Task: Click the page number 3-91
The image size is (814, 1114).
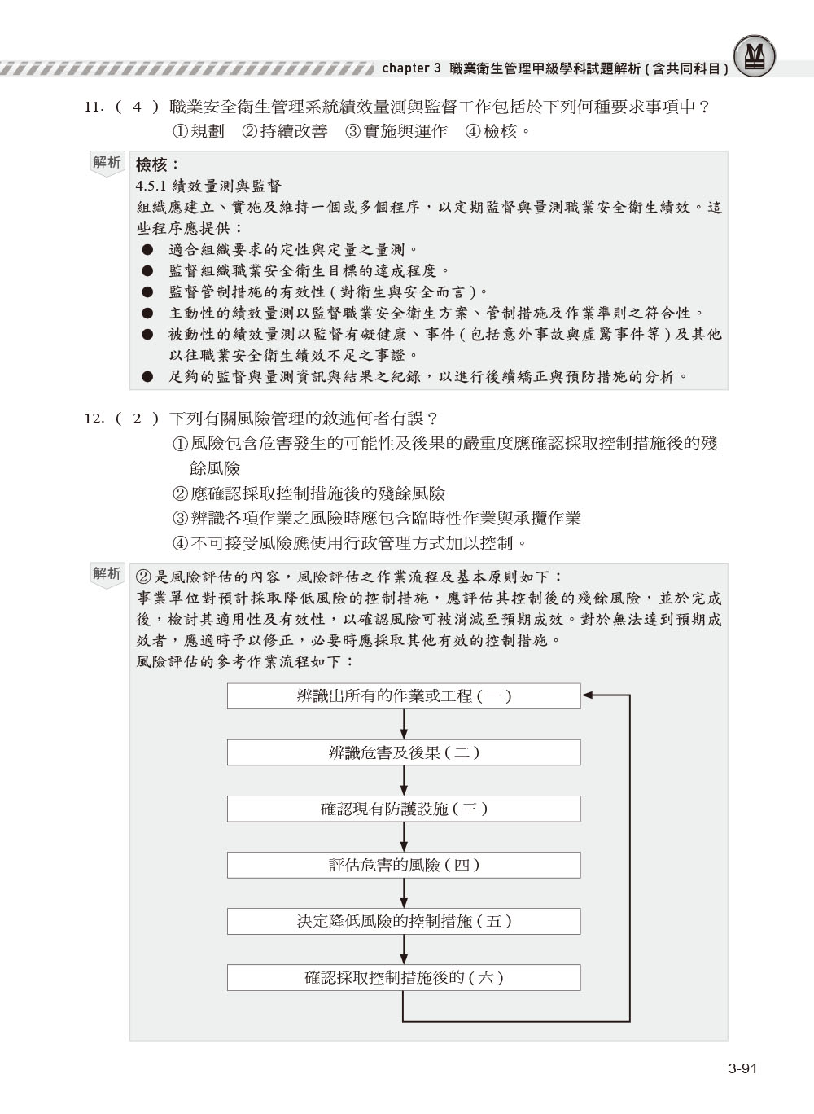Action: (742, 1069)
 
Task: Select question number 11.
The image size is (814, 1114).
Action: (94, 107)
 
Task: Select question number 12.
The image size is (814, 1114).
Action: (94, 419)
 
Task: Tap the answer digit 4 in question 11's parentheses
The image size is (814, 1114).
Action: (137, 107)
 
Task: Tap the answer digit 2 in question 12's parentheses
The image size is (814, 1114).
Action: (137, 419)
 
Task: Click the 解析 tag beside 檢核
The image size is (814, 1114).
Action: (107, 163)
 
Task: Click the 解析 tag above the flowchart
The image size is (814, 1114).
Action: (107, 573)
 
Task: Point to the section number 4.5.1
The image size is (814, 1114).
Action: (152, 186)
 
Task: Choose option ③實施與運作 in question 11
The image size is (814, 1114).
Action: (396, 131)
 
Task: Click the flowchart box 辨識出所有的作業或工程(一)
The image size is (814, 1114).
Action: (404, 696)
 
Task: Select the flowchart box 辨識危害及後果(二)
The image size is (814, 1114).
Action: (404, 752)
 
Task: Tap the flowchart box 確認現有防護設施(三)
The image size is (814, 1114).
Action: (404, 809)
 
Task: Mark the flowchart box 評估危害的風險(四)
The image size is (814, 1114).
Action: (404, 865)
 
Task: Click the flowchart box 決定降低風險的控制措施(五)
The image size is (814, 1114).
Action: (404, 921)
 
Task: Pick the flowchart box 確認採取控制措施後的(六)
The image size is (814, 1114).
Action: (404, 977)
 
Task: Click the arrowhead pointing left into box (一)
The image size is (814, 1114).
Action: (589, 696)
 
